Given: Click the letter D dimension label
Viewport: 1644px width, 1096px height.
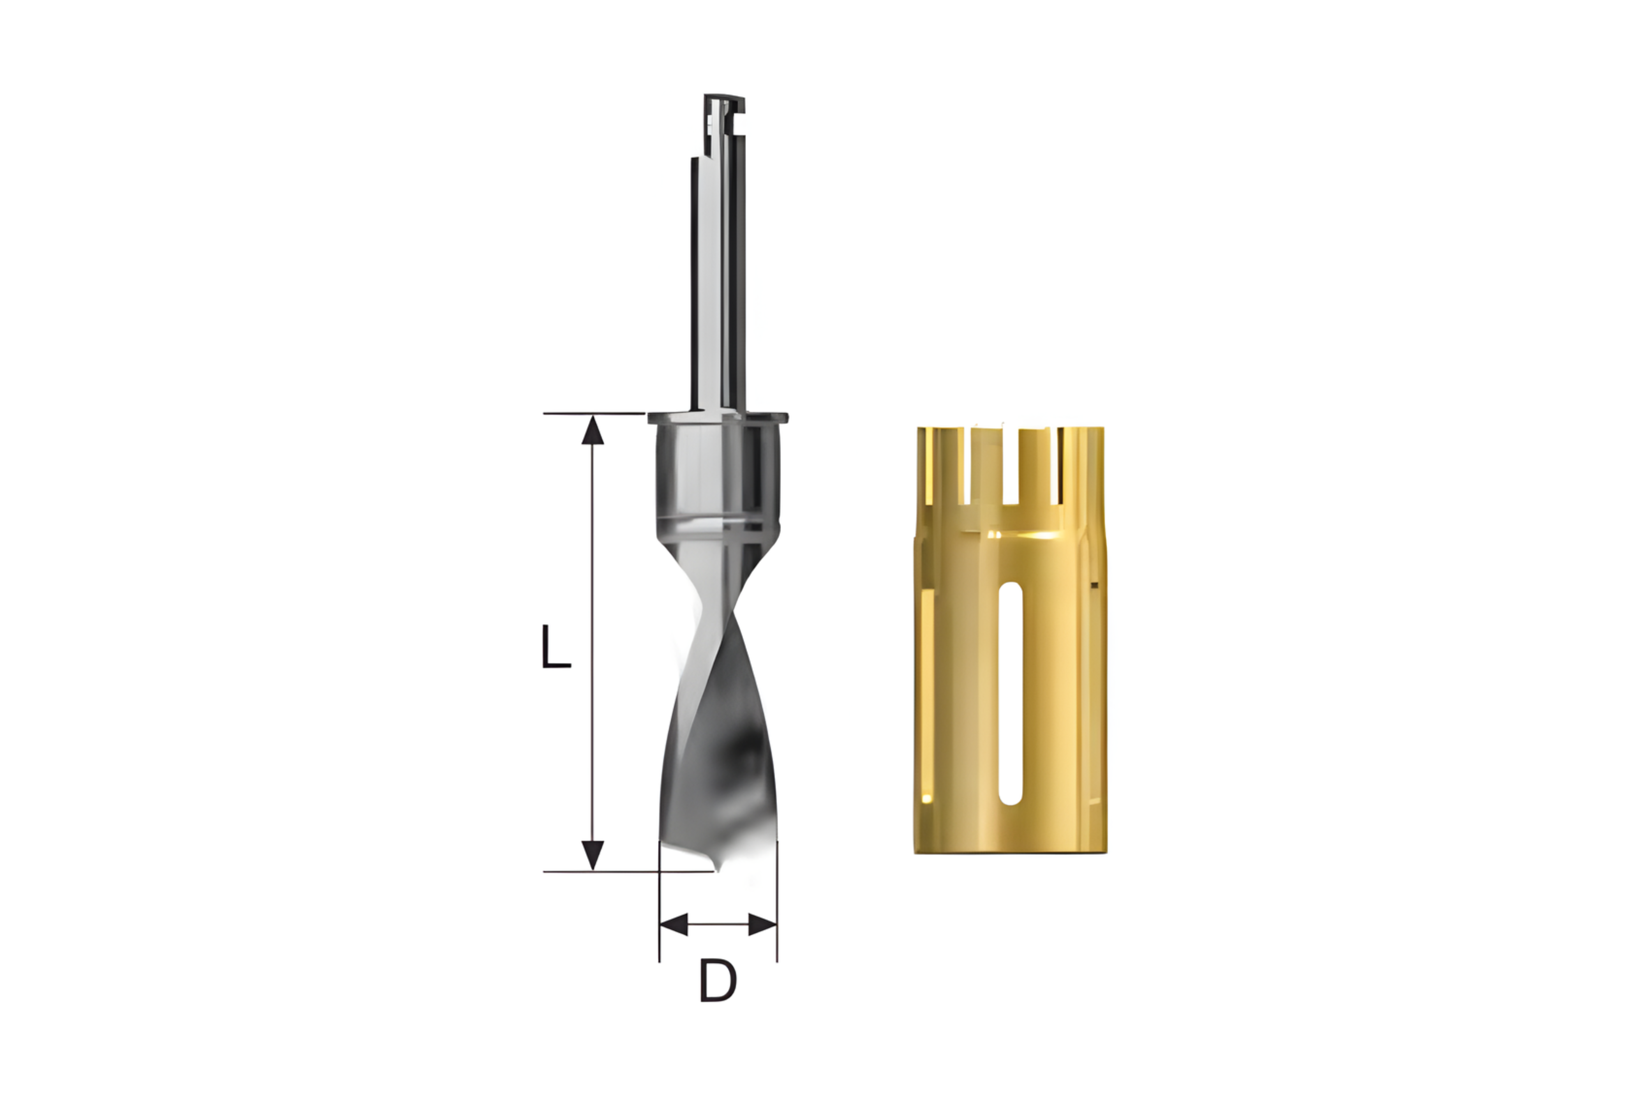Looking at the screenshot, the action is [718, 980].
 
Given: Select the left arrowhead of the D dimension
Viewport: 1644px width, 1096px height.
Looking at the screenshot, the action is [674, 924].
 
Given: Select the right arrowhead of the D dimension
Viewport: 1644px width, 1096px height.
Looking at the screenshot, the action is [762, 924].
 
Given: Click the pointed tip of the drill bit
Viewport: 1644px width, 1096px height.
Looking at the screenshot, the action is [716, 870].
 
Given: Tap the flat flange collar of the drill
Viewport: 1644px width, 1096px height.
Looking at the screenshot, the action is [718, 418].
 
